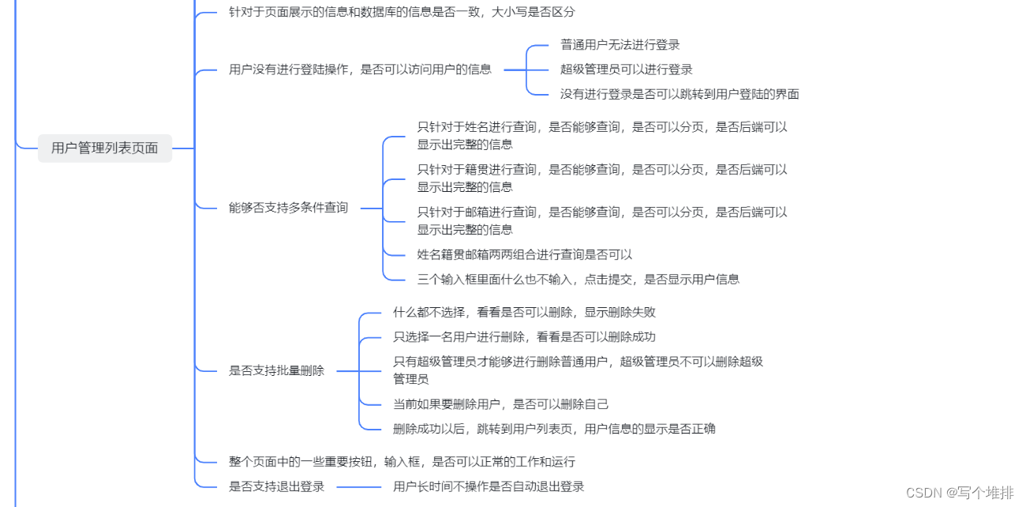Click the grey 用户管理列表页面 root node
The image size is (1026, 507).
pos(104,148)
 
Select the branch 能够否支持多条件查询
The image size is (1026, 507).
pos(288,208)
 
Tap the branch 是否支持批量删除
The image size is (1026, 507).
pos(276,370)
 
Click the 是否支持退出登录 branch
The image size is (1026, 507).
pos(276,486)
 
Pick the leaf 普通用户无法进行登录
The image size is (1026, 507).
pos(620,45)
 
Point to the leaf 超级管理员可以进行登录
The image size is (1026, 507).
pos(626,69)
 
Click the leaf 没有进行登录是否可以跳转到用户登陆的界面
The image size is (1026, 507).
pos(679,94)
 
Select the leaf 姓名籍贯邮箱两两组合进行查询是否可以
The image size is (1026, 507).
pos(524,254)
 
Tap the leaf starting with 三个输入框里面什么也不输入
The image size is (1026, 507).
pos(578,279)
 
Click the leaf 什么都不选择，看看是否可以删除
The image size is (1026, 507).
pos(524,312)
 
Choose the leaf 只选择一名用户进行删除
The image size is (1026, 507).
pos(524,336)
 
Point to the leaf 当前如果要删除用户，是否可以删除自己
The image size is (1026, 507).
pos(500,404)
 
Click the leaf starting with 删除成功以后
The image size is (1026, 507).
pos(554,429)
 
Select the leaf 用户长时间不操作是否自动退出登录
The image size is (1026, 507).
pos(489,486)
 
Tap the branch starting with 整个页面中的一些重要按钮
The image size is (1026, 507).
pos(402,461)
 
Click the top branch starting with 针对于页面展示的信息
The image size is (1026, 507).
pos(402,12)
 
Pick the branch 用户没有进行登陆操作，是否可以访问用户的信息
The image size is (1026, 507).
pos(360,69)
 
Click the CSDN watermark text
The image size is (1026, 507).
pos(959,493)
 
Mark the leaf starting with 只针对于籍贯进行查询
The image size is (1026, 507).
pos(601,178)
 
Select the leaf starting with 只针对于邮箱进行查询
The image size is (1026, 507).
pos(601,220)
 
